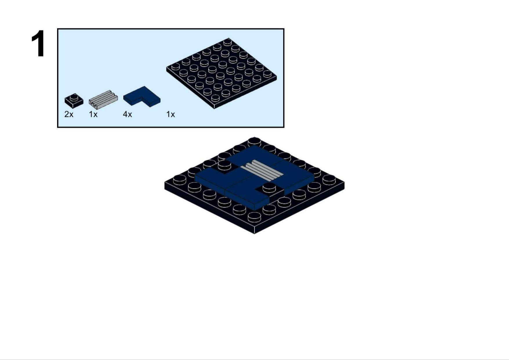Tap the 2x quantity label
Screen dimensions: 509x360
pyautogui.click(x=69, y=114)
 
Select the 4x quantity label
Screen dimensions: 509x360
pyautogui.click(x=127, y=114)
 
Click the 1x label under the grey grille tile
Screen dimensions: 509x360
pyautogui.click(x=93, y=114)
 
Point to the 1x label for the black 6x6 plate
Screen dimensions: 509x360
pyautogui.click(x=171, y=114)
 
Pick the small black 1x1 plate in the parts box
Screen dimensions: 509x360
pyautogui.click(x=74, y=101)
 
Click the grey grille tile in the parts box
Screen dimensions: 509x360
pyautogui.click(x=103, y=99)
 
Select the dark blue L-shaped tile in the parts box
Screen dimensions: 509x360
pyautogui.click(x=142, y=97)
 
